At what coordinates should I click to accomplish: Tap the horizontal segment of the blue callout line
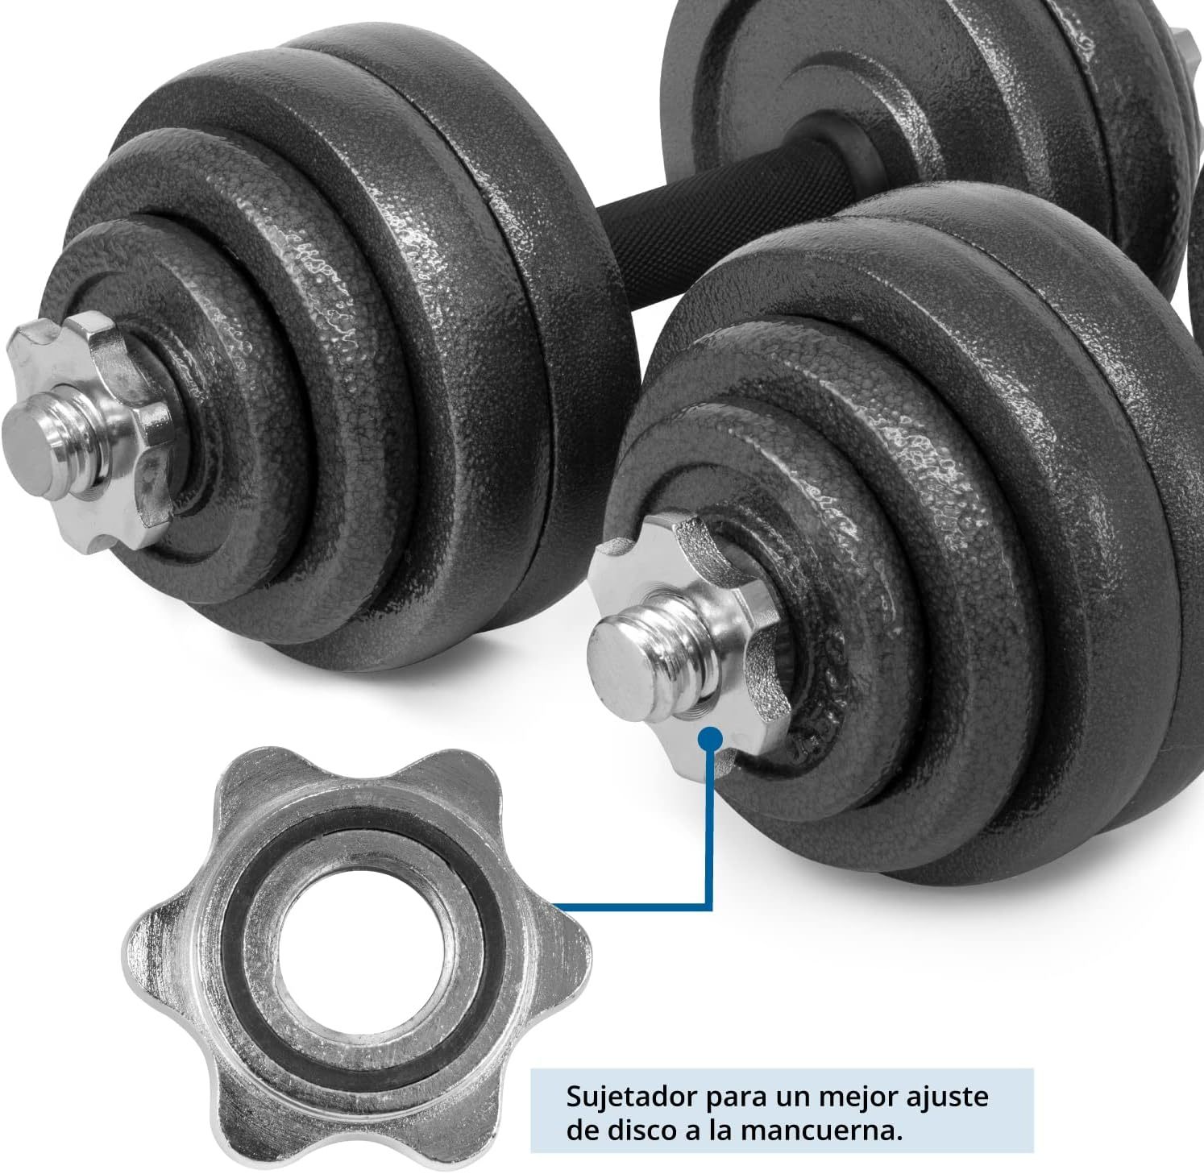pyautogui.click(x=633, y=907)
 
